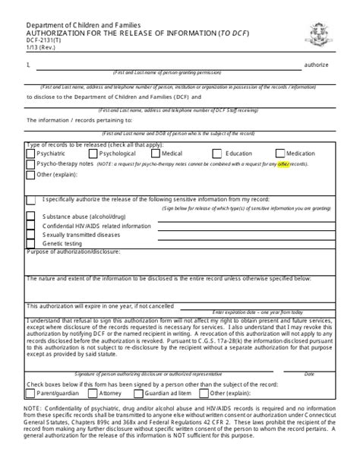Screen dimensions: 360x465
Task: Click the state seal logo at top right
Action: click(317, 33)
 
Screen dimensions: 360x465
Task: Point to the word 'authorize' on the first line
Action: click(317, 65)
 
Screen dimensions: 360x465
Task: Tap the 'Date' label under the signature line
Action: click(309, 374)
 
